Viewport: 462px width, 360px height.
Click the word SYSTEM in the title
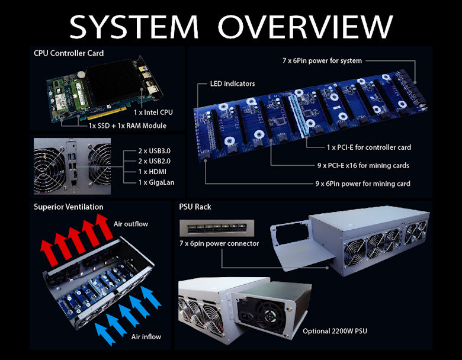134,27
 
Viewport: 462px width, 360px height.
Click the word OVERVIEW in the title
305,27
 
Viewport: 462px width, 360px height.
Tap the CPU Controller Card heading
69,53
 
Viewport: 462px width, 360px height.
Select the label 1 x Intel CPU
153,112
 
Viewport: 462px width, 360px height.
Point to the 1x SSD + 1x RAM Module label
127,126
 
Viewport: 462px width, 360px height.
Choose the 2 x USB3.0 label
155,151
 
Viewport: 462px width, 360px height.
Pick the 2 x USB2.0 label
155,161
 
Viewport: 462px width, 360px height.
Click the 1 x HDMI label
152,172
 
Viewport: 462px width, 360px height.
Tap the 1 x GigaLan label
156,182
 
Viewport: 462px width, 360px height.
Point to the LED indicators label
232,83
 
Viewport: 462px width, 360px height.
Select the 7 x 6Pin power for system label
322,60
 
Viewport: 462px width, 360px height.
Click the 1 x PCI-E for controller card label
369,147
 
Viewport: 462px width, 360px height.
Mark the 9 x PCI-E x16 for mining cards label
363,166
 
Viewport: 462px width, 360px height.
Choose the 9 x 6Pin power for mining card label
362,184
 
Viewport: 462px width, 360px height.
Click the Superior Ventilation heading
68,207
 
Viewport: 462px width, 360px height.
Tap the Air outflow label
131,224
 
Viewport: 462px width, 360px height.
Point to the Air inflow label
146,337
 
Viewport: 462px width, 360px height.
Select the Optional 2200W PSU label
335,331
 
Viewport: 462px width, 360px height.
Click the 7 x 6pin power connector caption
219,243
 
